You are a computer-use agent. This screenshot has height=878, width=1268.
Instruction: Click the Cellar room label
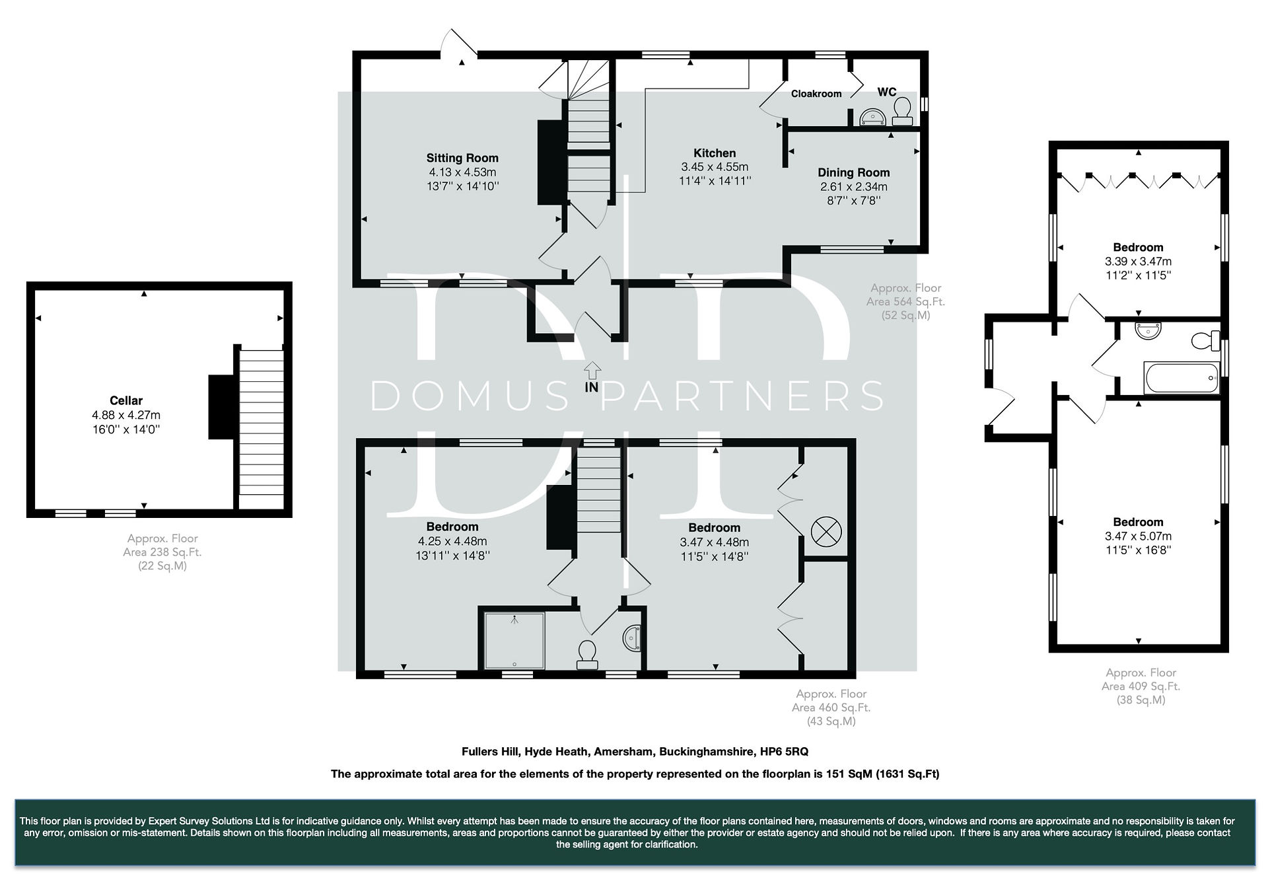(x=126, y=400)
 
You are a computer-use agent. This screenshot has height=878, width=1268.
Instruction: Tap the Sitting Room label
(x=462, y=158)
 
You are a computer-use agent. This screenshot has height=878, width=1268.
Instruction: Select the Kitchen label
(x=715, y=153)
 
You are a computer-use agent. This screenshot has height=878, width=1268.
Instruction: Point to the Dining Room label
(x=854, y=173)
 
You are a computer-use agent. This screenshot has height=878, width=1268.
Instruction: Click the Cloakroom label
(x=816, y=94)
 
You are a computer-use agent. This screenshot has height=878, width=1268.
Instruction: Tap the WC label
(x=887, y=92)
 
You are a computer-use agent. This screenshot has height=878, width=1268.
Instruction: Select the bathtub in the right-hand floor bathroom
(x=1182, y=378)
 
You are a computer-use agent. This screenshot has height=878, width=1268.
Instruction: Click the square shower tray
(x=515, y=641)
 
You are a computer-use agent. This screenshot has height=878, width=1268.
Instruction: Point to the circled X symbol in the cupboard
(x=826, y=532)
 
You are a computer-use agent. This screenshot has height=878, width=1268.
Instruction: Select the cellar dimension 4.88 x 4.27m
(x=126, y=416)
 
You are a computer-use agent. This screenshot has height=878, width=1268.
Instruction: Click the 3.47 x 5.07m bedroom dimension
(x=1139, y=536)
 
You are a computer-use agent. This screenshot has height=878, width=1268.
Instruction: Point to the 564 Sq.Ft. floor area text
(x=906, y=302)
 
